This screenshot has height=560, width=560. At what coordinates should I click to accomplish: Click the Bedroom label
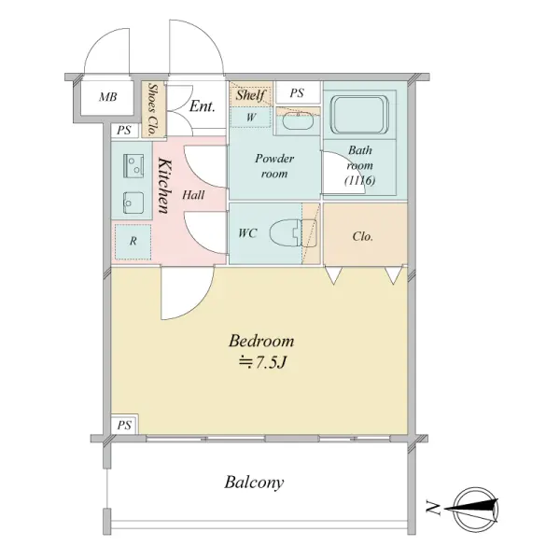point(261,341)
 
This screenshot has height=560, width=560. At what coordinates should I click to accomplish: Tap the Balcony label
point(254,483)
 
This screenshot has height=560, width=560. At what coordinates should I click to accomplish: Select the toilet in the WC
point(293,233)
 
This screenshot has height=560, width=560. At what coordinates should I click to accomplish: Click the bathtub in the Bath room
point(359,114)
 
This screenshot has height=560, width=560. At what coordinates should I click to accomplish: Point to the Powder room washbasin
point(298,121)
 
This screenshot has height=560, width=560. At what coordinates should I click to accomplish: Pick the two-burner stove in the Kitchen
point(133,165)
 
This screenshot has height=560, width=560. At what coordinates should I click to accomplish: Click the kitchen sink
point(133,203)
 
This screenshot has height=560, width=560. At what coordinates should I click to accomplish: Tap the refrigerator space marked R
point(133,242)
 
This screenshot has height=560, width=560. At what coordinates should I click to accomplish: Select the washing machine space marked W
point(251,118)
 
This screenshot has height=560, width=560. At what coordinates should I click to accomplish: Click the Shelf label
point(250,95)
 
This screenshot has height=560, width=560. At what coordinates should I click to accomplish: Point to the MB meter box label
point(107,97)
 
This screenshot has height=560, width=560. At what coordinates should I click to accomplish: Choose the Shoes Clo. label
point(154,109)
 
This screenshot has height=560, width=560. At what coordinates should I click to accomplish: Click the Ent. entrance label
point(203,106)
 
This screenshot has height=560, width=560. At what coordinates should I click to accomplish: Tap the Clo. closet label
point(362,236)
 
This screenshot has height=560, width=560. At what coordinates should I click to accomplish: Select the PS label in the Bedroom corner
point(124,426)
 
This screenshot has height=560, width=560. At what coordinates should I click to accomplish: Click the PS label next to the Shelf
point(297,93)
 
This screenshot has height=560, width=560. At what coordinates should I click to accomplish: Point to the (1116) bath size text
point(360,181)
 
